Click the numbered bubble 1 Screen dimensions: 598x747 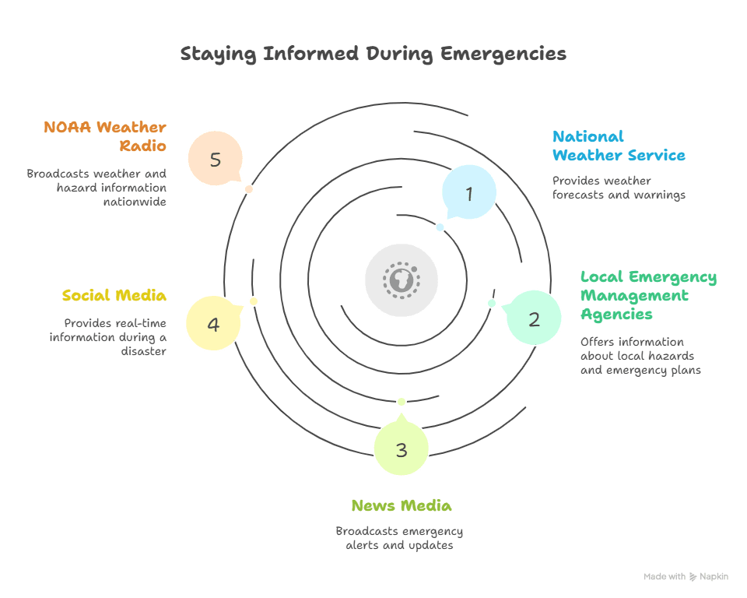468,192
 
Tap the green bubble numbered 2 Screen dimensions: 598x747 534,317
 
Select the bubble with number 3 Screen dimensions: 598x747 401,448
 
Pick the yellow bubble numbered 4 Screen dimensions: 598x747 213,322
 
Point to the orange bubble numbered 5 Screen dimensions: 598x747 216,159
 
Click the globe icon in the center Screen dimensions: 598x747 402,280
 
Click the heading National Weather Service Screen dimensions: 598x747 619,146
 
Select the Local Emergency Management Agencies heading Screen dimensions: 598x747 648,295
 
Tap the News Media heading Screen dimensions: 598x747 401,506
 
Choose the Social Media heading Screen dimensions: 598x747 114,296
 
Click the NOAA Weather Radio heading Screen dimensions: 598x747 105,136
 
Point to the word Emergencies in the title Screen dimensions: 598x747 503,54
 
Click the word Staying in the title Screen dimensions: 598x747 218,54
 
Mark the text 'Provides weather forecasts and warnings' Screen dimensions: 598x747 619,188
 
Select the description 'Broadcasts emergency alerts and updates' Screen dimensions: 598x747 399,538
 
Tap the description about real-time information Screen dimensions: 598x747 107,336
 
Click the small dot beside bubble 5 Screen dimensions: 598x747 249,189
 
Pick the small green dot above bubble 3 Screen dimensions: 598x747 402,402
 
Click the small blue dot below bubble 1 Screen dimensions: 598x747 440,227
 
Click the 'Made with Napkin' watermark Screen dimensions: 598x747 686,577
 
